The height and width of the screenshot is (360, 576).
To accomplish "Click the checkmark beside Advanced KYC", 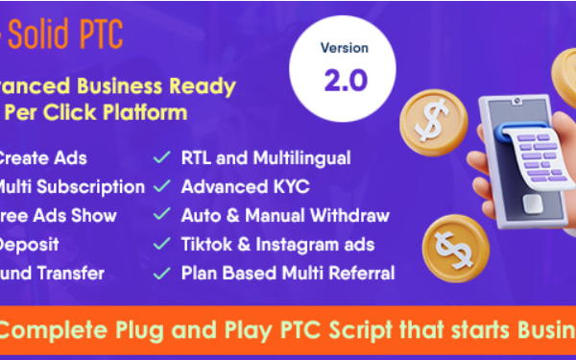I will pos(162,186).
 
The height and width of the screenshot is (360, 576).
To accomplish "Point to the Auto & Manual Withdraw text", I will pos(285,215).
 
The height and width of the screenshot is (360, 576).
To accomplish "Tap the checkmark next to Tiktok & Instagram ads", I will pos(162,244).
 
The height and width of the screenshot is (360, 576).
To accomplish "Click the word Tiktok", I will pos(204,244).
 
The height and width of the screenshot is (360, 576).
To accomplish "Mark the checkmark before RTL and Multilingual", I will pos(162,158).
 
